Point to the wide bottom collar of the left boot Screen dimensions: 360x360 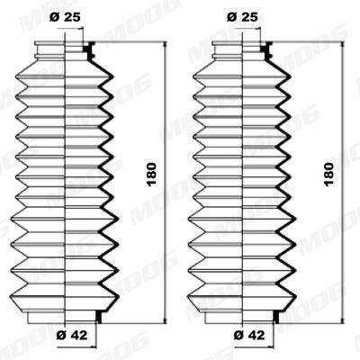63,317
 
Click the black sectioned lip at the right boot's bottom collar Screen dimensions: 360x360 273,316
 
